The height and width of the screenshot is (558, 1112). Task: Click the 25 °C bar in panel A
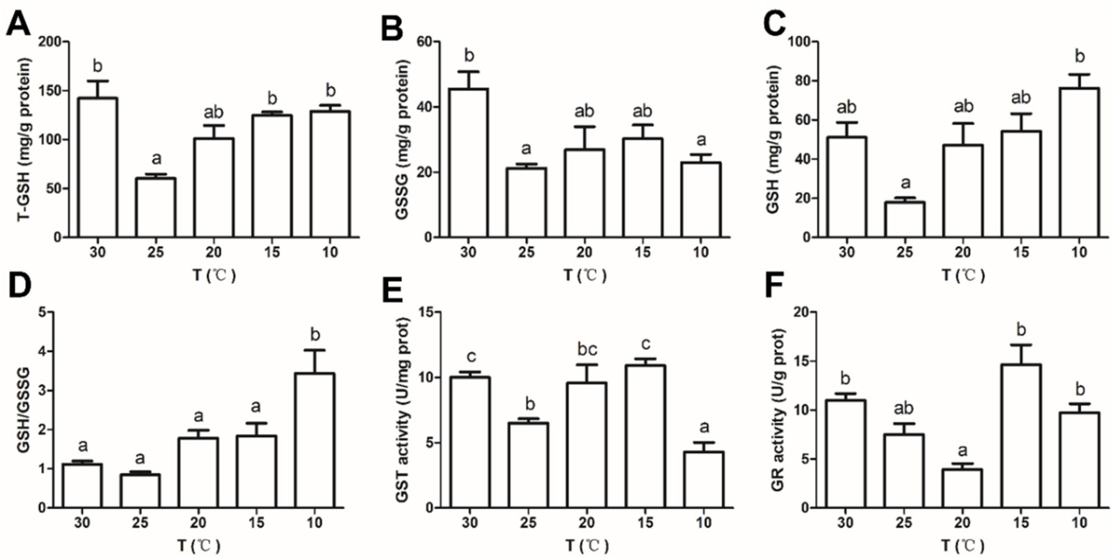click(x=156, y=208)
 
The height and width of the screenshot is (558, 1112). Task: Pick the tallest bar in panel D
click(x=315, y=440)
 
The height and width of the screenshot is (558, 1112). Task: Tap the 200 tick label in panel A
click(x=51, y=42)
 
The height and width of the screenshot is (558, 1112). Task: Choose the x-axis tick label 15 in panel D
click(x=256, y=523)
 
